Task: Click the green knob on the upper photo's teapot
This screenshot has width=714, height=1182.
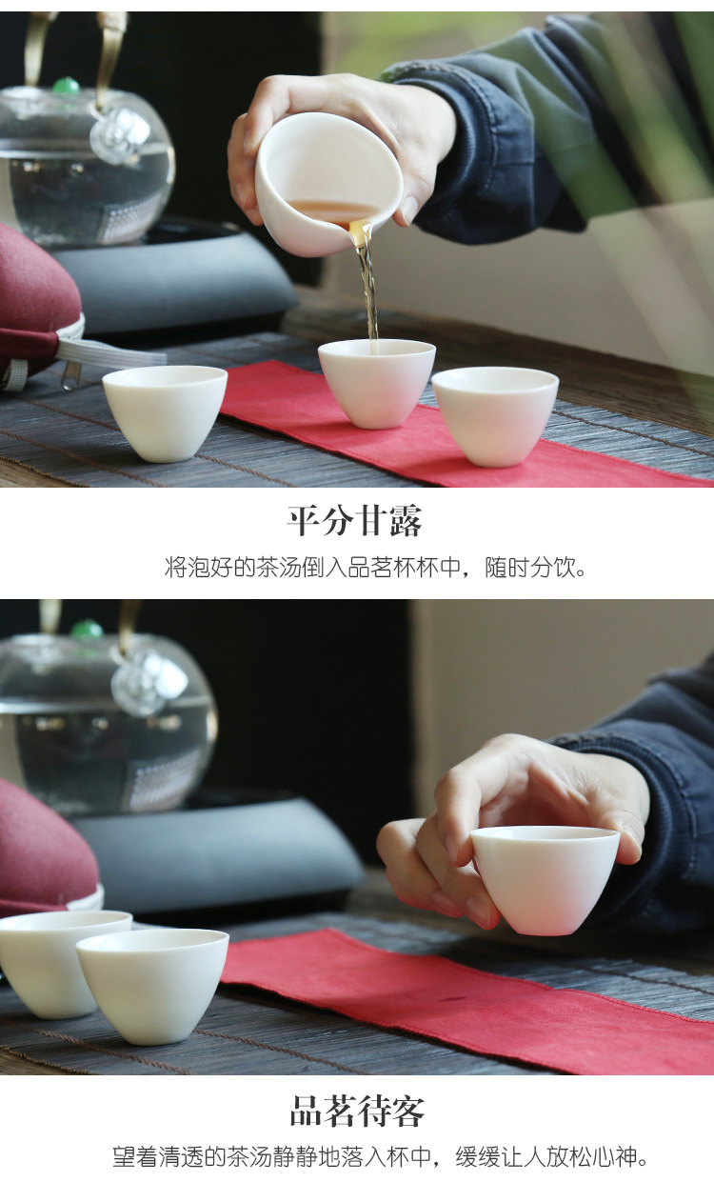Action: (66, 86)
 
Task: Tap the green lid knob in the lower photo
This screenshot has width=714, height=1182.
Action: (87, 629)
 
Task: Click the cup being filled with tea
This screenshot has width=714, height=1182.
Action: (376, 383)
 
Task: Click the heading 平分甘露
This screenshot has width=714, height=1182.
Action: (354, 521)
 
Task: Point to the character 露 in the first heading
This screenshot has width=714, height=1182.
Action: (407, 521)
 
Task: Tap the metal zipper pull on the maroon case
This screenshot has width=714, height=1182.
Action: (71, 375)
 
